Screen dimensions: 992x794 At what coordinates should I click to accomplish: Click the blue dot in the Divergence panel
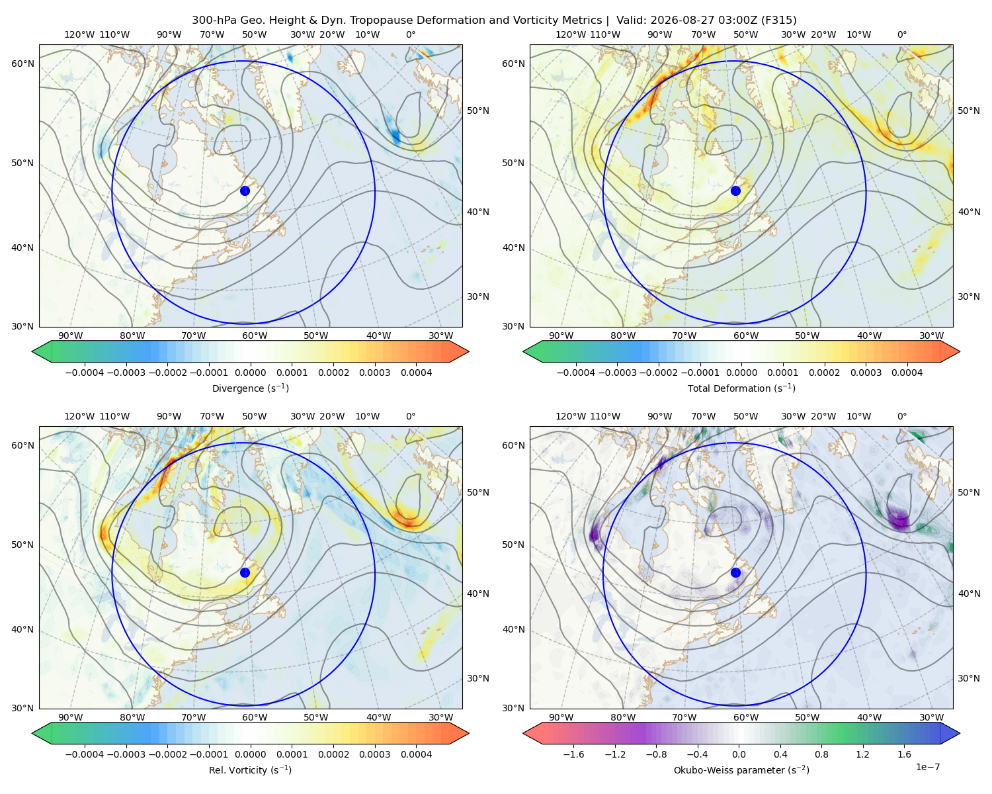click(x=245, y=191)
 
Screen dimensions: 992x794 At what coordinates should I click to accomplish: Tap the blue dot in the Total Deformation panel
click(x=735, y=191)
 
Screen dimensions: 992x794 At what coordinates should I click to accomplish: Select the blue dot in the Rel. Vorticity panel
click(x=245, y=572)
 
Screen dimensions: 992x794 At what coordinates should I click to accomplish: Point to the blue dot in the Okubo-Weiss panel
click(x=735, y=572)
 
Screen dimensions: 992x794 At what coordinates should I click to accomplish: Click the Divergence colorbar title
click(x=250, y=388)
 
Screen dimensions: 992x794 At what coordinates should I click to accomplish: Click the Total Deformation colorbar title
click(x=741, y=388)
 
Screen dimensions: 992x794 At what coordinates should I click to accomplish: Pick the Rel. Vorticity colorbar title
click(x=250, y=770)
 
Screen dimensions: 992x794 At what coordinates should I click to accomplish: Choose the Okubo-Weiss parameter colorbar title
click(x=741, y=770)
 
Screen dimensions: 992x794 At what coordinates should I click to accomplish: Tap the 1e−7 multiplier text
click(x=927, y=767)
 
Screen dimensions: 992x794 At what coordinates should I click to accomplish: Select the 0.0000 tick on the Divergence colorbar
click(x=250, y=373)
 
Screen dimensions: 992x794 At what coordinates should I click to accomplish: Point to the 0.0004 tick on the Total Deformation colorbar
click(x=907, y=373)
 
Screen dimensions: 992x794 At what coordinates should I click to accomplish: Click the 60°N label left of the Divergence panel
click(x=22, y=64)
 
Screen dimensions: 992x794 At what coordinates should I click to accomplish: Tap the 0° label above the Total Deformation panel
click(x=901, y=34)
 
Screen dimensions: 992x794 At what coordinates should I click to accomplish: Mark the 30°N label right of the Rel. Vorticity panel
click(x=478, y=678)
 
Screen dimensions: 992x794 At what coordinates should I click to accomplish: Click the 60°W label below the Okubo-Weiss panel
click(x=745, y=717)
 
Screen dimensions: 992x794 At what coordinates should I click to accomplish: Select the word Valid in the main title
click(x=628, y=20)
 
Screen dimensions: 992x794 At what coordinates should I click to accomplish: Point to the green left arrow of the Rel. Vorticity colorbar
click(x=42, y=733)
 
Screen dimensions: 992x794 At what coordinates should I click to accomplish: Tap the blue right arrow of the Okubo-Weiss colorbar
click(x=950, y=733)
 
